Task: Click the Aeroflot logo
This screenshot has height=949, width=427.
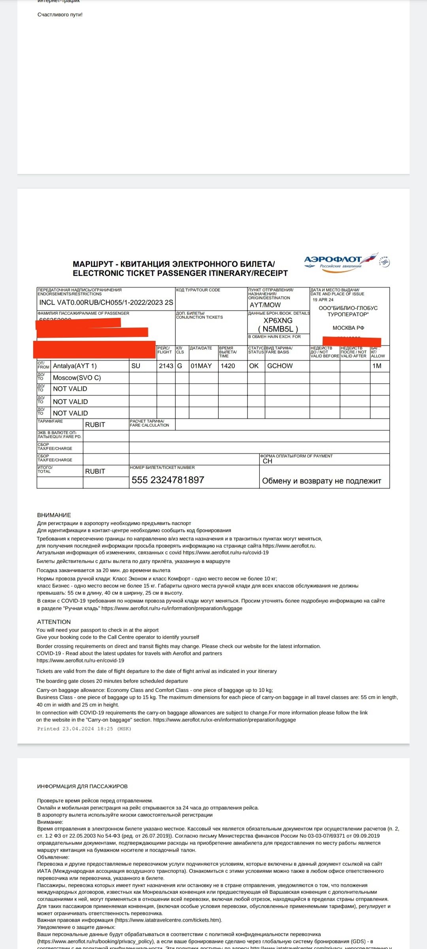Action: point(346,261)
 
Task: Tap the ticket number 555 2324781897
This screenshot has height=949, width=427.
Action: point(168,480)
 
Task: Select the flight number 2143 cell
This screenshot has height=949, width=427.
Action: point(166,366)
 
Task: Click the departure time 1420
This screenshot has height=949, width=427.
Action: point(228,366)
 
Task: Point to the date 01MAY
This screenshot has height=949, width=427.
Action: point(201,366)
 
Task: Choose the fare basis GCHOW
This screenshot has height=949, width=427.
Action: point(280,366)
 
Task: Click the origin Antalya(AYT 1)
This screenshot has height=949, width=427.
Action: point(75,366)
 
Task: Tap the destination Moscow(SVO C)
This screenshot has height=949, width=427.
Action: point(77,378)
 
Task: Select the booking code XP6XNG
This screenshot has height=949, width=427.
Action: point(278,320)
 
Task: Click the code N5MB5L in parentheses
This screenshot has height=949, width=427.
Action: point(278,329)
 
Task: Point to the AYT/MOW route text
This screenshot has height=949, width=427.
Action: point(265,305)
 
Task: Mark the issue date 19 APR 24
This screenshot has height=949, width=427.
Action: point(323,300)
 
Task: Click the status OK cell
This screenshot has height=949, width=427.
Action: point(254,366)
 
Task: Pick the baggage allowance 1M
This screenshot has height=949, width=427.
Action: point(377,366)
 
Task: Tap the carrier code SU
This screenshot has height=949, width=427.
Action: point(136,366)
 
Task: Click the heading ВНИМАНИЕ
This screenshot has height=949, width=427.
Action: point(54,515)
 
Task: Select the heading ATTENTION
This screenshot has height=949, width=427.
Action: point(54,622)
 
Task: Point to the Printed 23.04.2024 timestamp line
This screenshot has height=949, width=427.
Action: point(84,729)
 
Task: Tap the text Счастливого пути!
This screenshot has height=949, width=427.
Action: point(60,15)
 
